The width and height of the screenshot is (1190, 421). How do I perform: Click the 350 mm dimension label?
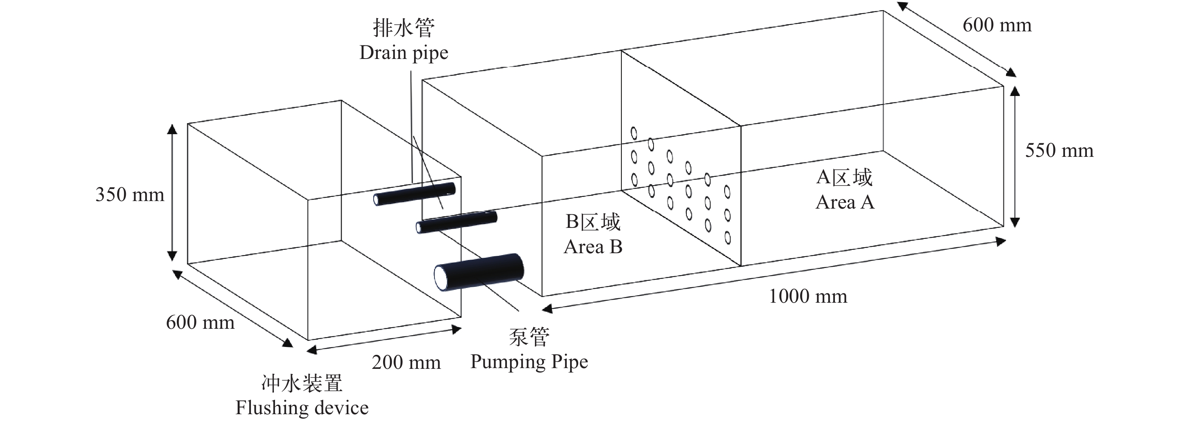pyautogui.click(x=130, y=195)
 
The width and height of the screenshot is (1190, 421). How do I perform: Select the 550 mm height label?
pyautogui.click(x=1059, y=151)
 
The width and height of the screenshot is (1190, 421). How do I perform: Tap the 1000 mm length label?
pyautogui.click(x=808, y=296)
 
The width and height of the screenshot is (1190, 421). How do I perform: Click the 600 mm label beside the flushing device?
pyautogui.click(x=200, y=322)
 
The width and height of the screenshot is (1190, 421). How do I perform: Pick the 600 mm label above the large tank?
pyautogui.click(x=997, y=25)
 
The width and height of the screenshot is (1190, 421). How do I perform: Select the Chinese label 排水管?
pyautogui.click(x=404, y=28)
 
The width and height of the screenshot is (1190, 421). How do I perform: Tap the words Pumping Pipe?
pyautogui.click(x=529, y=362)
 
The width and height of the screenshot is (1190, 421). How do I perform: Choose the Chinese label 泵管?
pyautogui.click(x=529, y=337)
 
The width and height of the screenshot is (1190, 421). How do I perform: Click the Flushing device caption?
pyautogui.click(x=302, y=408)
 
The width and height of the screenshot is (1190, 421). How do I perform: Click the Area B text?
pyautogui.click(x=593, y=247)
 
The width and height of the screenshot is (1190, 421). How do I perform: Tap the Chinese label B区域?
pyautogui.click(x=593, y=222)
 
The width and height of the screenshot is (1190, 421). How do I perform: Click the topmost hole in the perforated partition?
pyautogui.click(x=634, y=133)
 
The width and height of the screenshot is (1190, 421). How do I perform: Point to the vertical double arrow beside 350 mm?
pyautogui.click(x=172, y=192)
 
